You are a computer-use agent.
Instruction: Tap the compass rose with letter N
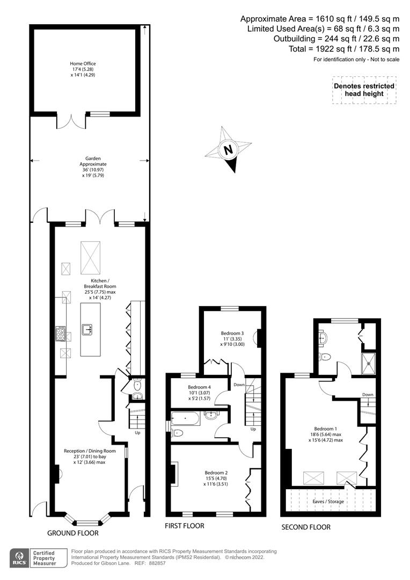pyautogui.click(x=228, y=149)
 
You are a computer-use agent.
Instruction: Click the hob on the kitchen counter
pyautogui.click(x=61, y=334)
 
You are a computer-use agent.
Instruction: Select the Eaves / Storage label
pyautogui.click(x=328, y=502)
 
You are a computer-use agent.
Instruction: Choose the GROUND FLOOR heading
pyautogui.click(x=73, y=533)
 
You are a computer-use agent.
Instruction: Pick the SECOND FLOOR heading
pyautogui.click(x=306, y=527)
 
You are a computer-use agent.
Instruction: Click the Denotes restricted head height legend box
pyautogui.click(x=364, y=90)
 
